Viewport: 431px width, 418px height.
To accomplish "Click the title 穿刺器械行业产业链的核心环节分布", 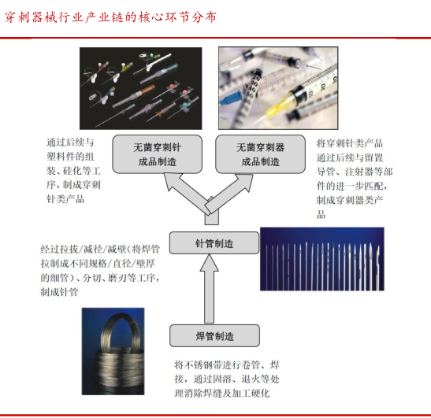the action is (110, 17).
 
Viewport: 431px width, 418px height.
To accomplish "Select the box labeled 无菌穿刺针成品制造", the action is (158, 154).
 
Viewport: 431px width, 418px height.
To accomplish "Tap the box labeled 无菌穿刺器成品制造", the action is (260, 154).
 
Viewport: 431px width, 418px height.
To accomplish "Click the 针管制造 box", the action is (214, 242).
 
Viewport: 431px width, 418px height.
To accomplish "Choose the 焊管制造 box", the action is (214, 335).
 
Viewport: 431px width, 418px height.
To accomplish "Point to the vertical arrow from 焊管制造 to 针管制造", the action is (209, 288).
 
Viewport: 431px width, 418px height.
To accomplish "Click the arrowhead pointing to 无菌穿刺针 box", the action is (173, 182).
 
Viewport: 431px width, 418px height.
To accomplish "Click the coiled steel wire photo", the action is (113, 351).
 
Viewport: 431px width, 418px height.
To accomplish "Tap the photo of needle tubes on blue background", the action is (322, 259).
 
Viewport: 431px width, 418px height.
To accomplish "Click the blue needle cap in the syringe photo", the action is (230, 98).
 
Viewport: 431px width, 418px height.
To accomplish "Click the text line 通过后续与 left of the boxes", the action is (70, 142).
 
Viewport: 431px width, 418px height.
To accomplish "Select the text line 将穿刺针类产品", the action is (349, 143).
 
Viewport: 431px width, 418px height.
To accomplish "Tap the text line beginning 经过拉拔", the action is (100, 249).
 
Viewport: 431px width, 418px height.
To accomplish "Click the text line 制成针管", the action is (59, 292).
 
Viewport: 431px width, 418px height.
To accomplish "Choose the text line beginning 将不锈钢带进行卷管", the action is (227, 364).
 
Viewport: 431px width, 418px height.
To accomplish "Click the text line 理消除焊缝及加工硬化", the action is (222, 394).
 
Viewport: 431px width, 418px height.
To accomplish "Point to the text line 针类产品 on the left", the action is (65, 199).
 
